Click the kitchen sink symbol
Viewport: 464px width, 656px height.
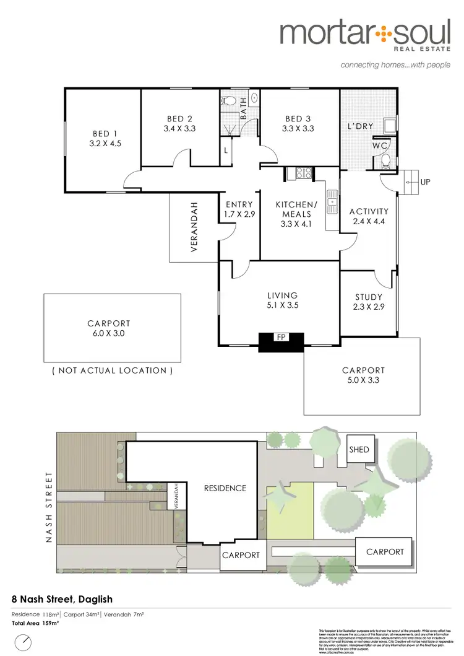point(332,200)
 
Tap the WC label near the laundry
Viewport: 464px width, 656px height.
point(380,146)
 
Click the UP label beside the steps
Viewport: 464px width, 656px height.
point(425,183)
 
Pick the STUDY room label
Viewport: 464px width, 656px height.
point(369,297)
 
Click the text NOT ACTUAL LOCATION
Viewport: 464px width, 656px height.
point(112,370)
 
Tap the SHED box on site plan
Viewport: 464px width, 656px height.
point(359,450)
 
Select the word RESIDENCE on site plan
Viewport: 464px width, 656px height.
point(225,488)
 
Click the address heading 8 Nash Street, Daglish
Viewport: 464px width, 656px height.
point(62,599)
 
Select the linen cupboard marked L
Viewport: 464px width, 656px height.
point(226,151)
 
